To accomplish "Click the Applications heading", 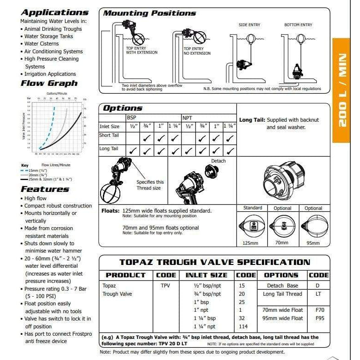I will [54, 12].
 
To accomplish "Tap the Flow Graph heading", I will [49, 84].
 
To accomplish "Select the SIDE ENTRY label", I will [249, 25].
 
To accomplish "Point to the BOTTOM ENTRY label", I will [298, 25].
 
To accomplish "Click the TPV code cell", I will [166, 285].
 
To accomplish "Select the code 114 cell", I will [243, 326].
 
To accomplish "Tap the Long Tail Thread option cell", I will [282, 294].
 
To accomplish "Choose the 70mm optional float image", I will [282, 226].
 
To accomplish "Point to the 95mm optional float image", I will [313, 226].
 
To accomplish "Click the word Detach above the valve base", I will [219, 161].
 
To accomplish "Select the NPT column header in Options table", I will [187, 118].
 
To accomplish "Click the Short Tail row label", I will [109, 135].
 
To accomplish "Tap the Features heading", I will [45, 189].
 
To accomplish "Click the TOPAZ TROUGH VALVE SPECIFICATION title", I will [215, 263].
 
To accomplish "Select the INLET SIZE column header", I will [206, 275].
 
